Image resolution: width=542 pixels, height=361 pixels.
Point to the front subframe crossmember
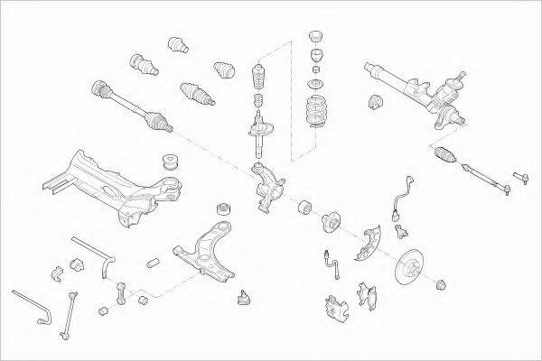113,185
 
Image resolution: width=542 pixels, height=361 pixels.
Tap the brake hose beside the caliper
332,263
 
